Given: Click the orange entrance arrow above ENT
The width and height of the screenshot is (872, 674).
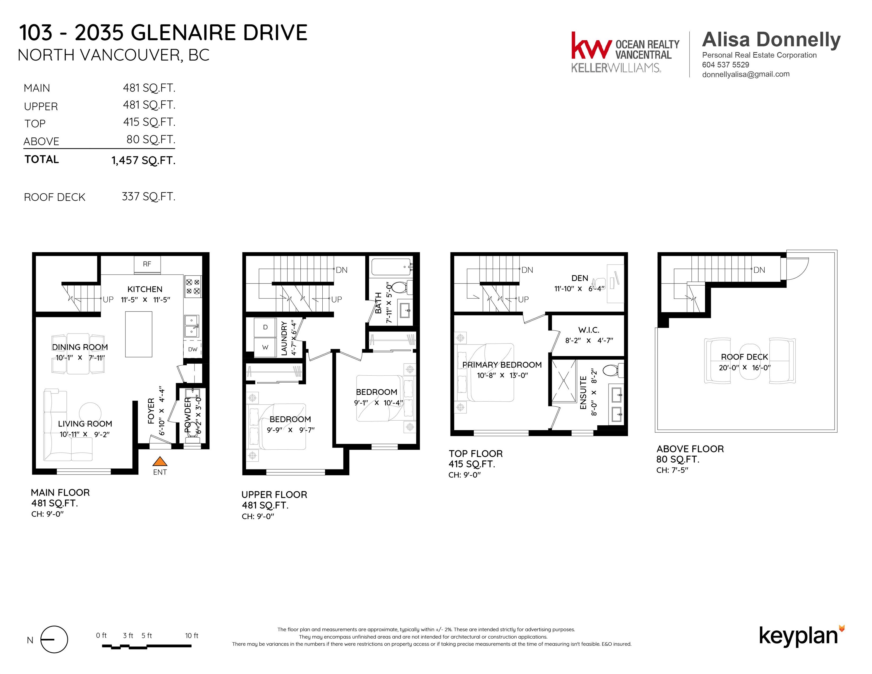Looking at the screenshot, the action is [160, 462].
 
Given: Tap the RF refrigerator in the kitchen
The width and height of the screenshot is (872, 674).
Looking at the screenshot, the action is [147, 264].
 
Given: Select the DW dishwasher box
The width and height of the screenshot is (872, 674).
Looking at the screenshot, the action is [193, 349].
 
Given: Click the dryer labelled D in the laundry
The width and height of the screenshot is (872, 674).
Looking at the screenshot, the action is [265, 327].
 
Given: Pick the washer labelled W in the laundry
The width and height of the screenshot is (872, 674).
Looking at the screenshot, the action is [265, 347].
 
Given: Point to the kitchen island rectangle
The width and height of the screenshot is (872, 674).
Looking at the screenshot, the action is [139, 334].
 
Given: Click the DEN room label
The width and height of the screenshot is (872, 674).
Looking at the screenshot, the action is [580, 278].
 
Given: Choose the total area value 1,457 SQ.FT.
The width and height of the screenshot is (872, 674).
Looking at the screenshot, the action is [143, 161].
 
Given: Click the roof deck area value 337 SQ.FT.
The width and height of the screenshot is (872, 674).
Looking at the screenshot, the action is [149, 197].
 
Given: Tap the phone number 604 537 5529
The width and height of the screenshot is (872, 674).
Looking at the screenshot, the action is [726, 65].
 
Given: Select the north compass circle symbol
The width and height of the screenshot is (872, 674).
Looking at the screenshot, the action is [54, 639].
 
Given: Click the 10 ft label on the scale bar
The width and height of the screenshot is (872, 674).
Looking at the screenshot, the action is [192, 635].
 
